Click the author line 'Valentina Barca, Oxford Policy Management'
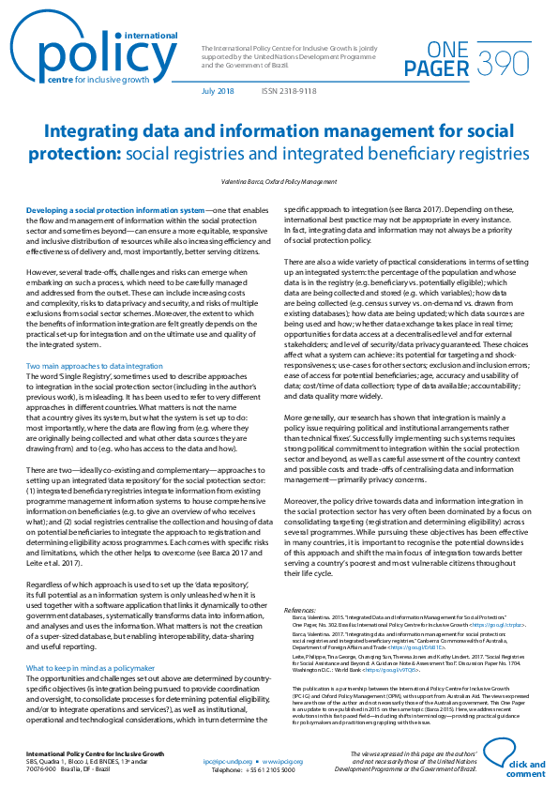[278, 179]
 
